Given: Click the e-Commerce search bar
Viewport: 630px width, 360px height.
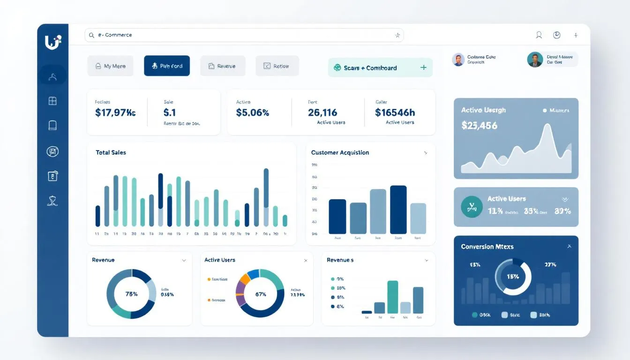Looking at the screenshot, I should click(244, 35).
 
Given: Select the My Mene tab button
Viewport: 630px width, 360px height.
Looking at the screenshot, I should click(110, 66).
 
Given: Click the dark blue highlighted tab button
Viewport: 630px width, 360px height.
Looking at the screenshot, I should click(167, 66).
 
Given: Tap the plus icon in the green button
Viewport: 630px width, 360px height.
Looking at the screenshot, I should click(423, 67).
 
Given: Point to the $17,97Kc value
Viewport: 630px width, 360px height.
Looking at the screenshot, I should click(115, 112).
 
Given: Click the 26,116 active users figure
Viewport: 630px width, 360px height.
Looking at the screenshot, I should click(322, 112).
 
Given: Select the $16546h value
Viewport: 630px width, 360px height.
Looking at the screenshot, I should click(395, 112).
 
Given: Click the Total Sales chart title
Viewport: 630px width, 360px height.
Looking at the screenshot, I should click(111, 152).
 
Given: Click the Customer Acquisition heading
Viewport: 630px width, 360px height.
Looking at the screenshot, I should click(340, 152).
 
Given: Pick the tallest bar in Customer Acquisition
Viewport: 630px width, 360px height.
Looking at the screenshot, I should click(398, 210).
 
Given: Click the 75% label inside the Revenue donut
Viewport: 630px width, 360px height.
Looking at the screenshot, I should click(132, 294).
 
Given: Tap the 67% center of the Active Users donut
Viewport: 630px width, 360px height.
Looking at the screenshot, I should click(261, 294).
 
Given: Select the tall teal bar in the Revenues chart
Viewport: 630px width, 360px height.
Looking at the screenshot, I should click(392, 297).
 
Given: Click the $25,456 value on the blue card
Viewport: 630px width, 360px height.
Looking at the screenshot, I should click(479, 126).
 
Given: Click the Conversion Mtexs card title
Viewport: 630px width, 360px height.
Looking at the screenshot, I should click(487, 247).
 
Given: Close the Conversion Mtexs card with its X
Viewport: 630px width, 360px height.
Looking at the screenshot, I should click(569, 246).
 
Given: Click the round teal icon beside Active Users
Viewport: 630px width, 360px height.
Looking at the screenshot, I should click(472, 207).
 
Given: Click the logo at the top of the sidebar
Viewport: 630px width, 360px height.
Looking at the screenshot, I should click(52, 42).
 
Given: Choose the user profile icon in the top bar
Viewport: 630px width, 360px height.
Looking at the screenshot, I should click(539, 35).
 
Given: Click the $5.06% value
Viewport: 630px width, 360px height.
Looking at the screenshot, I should click(252, 112).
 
